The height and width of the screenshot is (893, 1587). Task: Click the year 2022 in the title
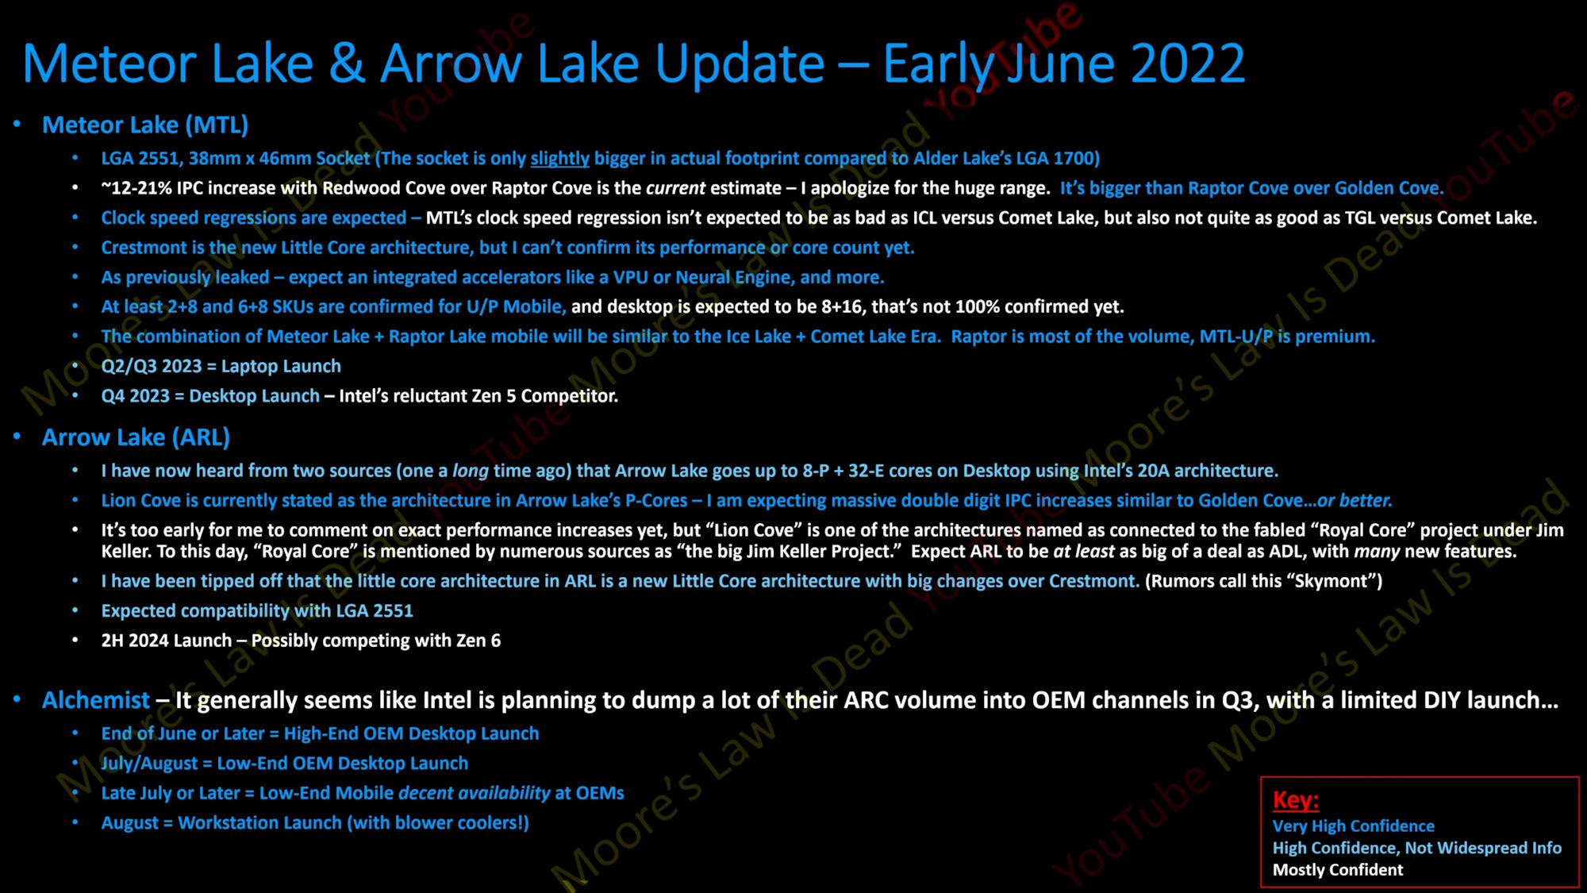[x=1188, y=64]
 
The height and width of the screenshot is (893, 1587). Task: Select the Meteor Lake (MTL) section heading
[x=145, y=125]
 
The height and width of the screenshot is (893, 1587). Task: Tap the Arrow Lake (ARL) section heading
[x=136, y=437]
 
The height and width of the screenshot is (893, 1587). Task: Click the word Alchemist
[x=95, y=700]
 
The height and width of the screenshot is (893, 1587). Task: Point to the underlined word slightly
[x=559, y=158]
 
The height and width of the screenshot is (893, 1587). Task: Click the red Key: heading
[x=1296, y=799]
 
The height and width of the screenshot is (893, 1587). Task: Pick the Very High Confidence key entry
[x=1354, y=826]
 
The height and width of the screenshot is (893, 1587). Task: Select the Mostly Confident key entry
[x=1338, y=870]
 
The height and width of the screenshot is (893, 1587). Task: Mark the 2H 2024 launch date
[x=127, y=641]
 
